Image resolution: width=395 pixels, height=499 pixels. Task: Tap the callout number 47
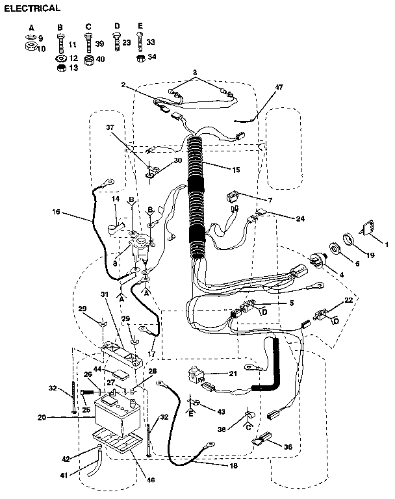point(280,86)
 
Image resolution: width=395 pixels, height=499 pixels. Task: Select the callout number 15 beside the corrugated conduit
point(235,169)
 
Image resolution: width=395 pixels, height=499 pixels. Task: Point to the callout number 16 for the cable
point(57,211)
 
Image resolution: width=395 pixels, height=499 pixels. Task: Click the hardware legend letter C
point(88,26)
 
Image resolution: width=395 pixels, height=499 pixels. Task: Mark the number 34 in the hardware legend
point(152,57)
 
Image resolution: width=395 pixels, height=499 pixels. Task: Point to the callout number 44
point(97,368)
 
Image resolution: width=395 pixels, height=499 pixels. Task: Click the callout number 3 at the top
point(194,71)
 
